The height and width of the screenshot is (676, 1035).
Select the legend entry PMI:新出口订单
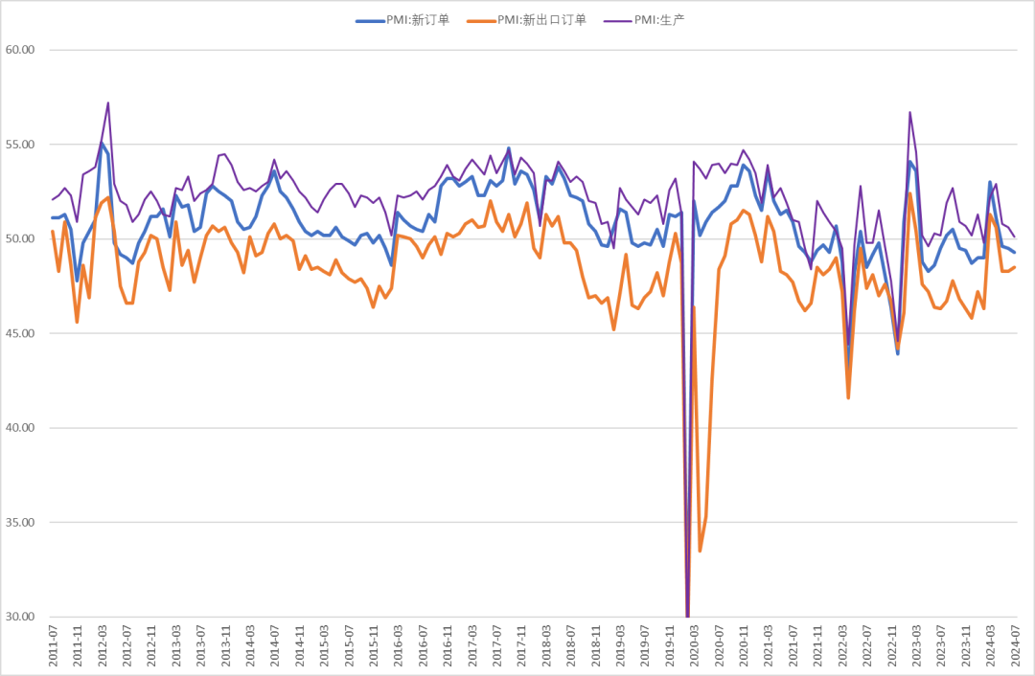click(541, 20)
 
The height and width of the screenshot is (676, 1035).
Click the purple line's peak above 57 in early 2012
click(108, 102)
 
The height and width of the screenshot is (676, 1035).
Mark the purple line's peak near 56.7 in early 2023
click(909, 112)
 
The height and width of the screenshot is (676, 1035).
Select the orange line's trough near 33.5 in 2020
click(700, 551)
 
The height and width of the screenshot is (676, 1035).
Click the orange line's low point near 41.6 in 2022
click(848, 397)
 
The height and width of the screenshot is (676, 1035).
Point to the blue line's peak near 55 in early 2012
click(102, 143)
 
